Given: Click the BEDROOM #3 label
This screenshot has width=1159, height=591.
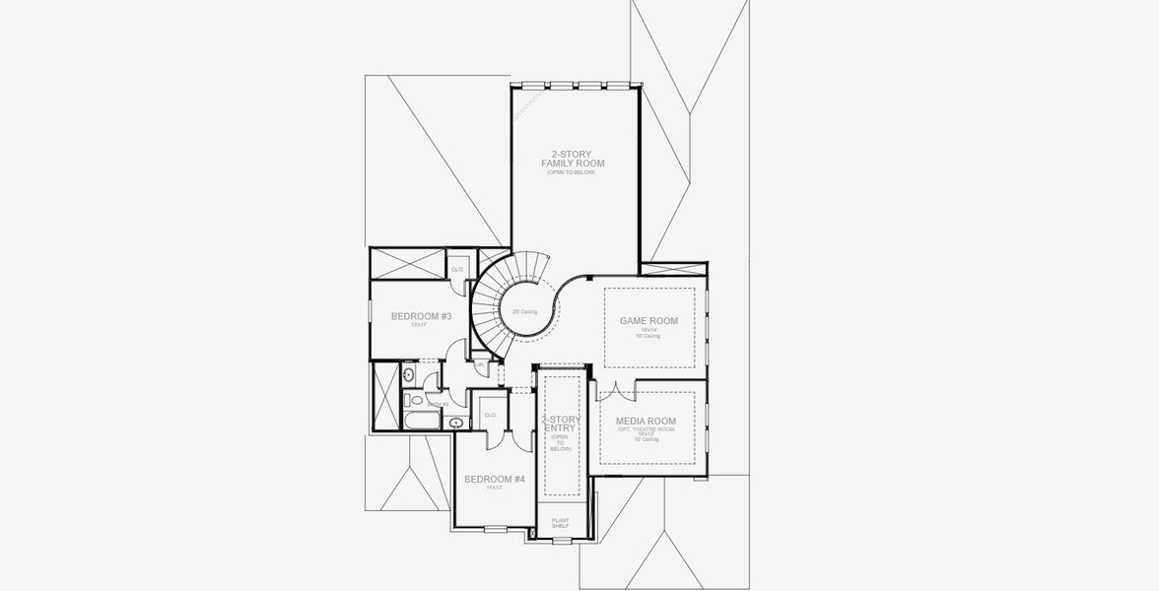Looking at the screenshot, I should [421, 316].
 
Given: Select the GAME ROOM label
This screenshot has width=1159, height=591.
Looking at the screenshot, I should [648, 321].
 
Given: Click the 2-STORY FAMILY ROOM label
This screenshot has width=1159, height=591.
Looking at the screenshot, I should [573, 159].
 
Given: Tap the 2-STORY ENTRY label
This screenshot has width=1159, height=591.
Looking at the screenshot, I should [563, 425].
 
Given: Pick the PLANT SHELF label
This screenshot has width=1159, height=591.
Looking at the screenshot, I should [560, 523].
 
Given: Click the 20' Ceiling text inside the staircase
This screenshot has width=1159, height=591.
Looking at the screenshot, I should [524, 312].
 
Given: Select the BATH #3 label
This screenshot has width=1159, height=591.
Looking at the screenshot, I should [439, 403].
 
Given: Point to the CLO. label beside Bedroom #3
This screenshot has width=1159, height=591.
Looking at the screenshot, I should [457, 269].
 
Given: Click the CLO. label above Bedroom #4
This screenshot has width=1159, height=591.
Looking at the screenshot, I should [490, 415].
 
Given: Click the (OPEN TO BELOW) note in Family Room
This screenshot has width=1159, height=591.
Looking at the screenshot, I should [573, 172].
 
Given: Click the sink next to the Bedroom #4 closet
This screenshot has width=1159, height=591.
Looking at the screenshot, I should [454, 424].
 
